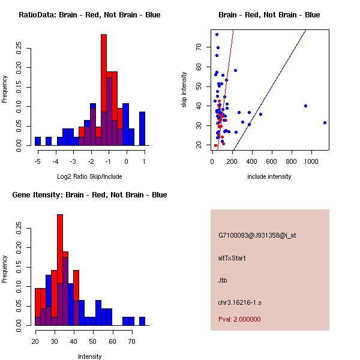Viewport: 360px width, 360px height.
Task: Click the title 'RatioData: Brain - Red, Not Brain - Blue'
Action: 89,15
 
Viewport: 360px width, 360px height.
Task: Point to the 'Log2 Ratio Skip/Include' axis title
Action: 89,176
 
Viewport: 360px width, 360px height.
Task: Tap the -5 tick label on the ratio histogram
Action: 38,161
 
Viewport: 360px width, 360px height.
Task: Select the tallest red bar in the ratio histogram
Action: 104,84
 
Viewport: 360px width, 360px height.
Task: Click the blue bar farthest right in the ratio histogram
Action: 142,128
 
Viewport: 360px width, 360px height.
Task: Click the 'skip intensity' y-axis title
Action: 185,89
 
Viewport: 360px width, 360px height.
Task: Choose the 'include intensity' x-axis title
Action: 269,176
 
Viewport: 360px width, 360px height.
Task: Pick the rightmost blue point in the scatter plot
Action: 325,122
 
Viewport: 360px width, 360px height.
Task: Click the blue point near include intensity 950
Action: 305,106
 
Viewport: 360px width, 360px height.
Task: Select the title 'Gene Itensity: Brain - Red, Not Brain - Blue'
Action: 89,195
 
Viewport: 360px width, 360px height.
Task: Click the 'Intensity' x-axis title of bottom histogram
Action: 89,356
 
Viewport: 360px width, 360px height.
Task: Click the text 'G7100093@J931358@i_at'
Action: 257,235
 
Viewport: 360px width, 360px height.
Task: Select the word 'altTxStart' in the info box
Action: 232,258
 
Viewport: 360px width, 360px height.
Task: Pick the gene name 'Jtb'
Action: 223,280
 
